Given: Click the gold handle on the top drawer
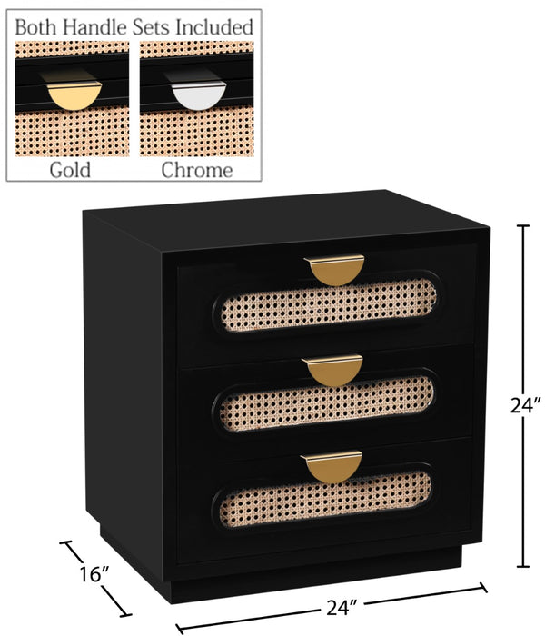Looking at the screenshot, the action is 334,270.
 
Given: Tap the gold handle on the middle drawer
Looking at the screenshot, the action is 332,371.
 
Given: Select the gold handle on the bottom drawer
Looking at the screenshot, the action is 332,467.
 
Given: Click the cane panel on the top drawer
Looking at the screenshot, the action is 329,305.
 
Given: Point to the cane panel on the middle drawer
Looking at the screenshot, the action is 327,403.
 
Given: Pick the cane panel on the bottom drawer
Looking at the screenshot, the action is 325,499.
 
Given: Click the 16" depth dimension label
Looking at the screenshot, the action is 94,574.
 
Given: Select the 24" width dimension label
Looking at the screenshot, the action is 342,607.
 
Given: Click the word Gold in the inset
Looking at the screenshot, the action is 70,171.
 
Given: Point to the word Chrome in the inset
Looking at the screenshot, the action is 197,171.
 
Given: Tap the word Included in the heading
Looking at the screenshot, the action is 214,27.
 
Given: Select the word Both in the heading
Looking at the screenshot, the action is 36,27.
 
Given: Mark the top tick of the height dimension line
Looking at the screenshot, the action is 523,225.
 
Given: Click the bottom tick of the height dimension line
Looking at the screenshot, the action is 523,566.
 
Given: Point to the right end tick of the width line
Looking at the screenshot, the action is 483,587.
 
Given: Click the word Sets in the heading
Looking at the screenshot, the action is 152,27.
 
